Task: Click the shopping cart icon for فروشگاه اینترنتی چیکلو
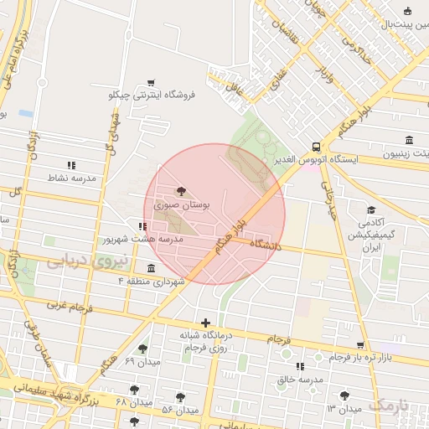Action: coord(151,82)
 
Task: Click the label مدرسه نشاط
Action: coord(72,178)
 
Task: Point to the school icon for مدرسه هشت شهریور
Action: coord(143,226)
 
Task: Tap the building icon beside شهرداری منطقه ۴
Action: coord(151,268)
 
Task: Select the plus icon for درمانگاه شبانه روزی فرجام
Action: coord(205,323)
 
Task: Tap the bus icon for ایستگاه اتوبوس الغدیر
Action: coord(315,146)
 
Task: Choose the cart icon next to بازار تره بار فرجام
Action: coord(360,344)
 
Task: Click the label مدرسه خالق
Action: coord(302,380)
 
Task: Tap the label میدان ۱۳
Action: coord(344,408)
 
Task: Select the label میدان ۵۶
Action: coord(178,410)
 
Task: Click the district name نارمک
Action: coord(390,405)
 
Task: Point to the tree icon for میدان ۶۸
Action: coord(134,390)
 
